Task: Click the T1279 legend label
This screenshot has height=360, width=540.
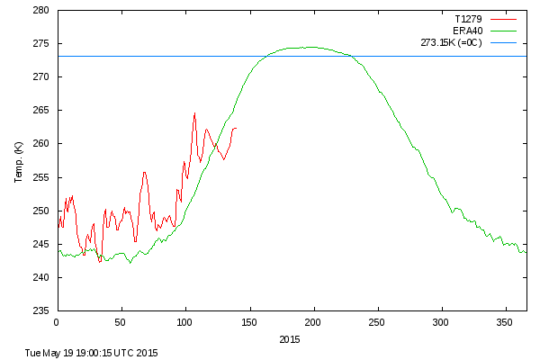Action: point(466,17)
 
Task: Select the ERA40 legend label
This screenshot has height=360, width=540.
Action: point(466,30)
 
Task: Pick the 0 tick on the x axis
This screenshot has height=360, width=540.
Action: point(57,321)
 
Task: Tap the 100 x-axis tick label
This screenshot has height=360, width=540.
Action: point(185,321)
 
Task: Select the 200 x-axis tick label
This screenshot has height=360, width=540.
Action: point(313,321)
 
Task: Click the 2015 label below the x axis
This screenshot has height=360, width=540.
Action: point(290,339)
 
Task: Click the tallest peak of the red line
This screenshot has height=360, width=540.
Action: point(194,113)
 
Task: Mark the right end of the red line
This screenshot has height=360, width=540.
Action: point(236,128)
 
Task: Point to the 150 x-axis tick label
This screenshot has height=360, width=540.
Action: point(249,321)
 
